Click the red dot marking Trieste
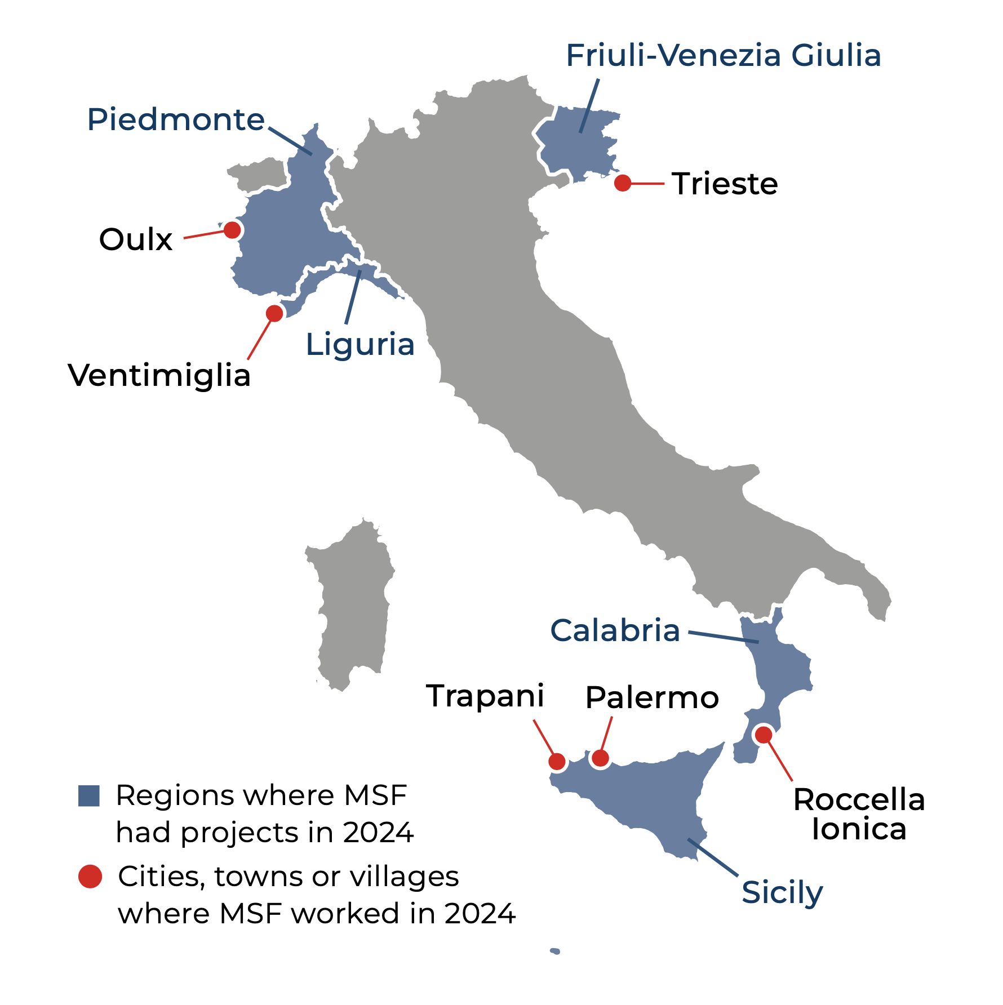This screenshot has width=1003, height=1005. [622, 183]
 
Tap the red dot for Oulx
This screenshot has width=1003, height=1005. [232, 230]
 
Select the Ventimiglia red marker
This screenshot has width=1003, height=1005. [274, 313]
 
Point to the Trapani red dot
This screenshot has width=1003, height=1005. [557, 762]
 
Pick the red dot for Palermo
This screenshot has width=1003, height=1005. [600, 758]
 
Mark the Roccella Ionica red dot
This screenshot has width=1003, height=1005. [764, 735]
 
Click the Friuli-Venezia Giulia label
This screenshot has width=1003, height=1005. [723, 56]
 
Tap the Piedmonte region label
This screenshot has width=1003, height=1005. [176, 119]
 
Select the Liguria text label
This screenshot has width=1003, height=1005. [360, 344]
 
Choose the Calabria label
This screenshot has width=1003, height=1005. [615, 630]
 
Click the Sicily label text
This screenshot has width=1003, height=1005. [782, 892]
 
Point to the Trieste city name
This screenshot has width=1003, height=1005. [725, 184]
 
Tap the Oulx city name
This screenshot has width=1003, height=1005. [136, 239]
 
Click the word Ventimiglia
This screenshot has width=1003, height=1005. [159, 375]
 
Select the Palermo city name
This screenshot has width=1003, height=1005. [652, 698]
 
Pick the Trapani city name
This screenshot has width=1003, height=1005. [485, 696]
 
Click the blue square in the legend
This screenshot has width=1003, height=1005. [89, 796]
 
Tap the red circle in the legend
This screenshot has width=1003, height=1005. [90, 877]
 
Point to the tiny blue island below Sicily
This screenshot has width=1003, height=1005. [555, 951]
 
